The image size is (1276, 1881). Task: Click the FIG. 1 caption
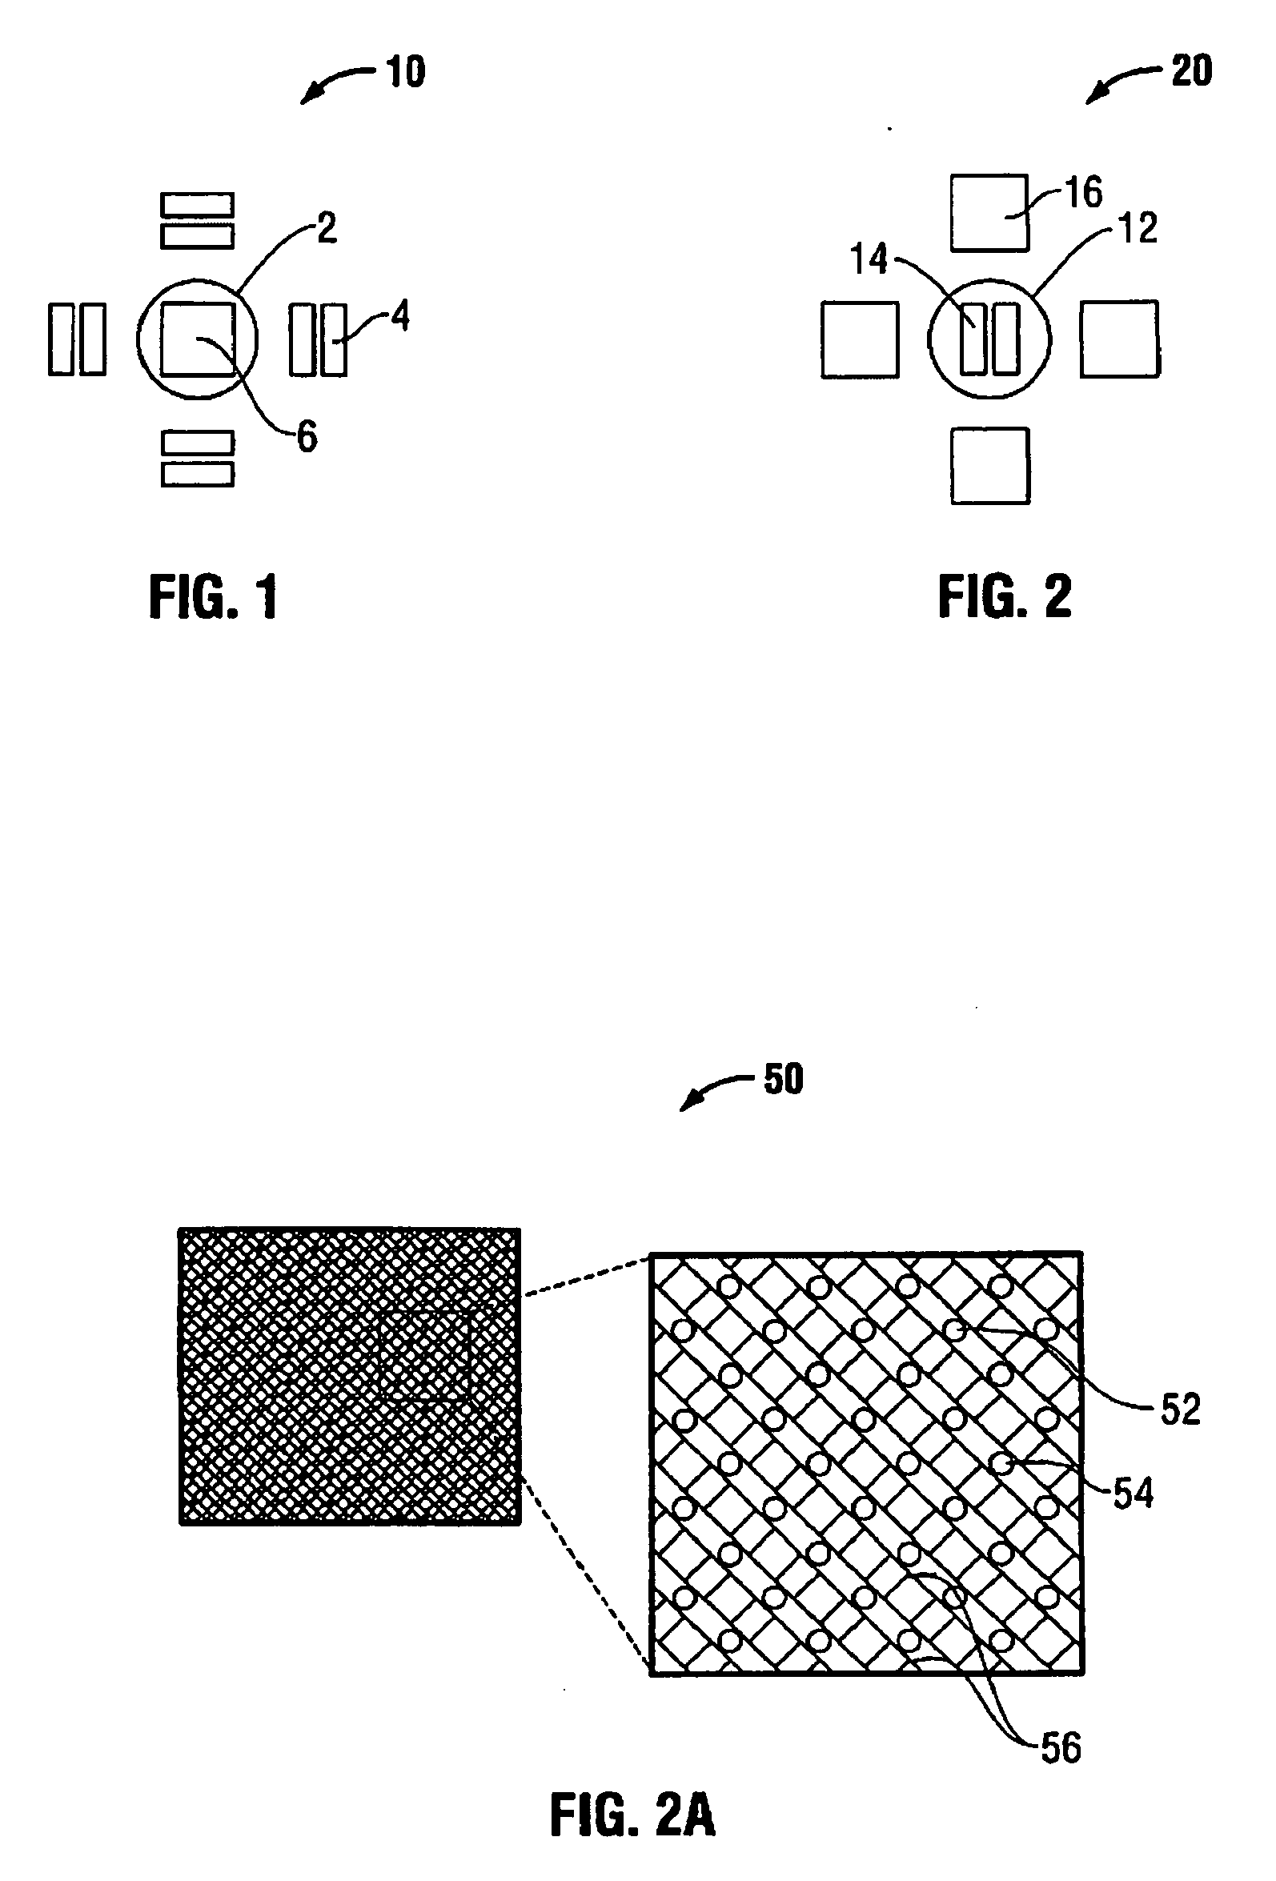point(214,597)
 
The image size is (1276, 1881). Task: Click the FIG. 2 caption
point(1005,597)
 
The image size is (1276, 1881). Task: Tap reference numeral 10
point(406,72)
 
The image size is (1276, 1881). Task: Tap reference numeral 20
point(1191,70)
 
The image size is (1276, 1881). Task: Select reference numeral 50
point(783,1079)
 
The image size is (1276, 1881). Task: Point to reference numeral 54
point(1133,1493)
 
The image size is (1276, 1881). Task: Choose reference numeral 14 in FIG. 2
point(869,259)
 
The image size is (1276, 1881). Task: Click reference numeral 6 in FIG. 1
point(307,437)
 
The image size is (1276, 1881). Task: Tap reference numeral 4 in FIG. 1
point(400,315)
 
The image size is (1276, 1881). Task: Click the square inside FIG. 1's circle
point(198,340)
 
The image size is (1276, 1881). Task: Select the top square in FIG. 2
point(989,213)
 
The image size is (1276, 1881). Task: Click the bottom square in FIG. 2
point(990,466)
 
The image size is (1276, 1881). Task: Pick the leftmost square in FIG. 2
point(860,340)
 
